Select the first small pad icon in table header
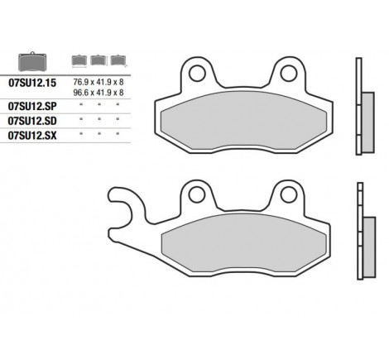[80, 60]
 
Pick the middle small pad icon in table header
[99, 60]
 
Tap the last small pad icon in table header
[118, 60]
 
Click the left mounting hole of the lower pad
[197, 195]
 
